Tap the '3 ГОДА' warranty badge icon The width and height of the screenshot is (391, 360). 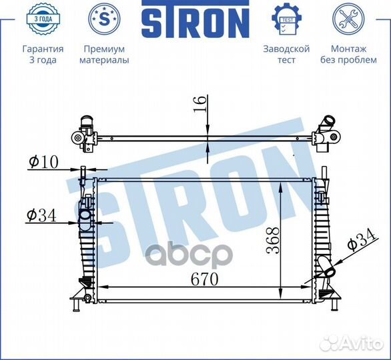tap(42, 19)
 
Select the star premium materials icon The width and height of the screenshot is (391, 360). tap(104, 19)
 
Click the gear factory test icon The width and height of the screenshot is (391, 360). tap(286, 19)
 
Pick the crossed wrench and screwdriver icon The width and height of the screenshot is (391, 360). tap(348, 19)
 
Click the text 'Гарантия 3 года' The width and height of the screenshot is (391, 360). tap(43, 55)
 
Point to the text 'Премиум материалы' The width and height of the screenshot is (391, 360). tap(104, 55)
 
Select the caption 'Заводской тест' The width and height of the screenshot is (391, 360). tap(286, 55)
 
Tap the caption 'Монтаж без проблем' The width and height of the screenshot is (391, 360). tap(348, 55)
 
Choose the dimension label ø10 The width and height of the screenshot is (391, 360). tap(44, 161)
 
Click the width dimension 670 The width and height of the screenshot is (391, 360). tap(204, 280)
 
